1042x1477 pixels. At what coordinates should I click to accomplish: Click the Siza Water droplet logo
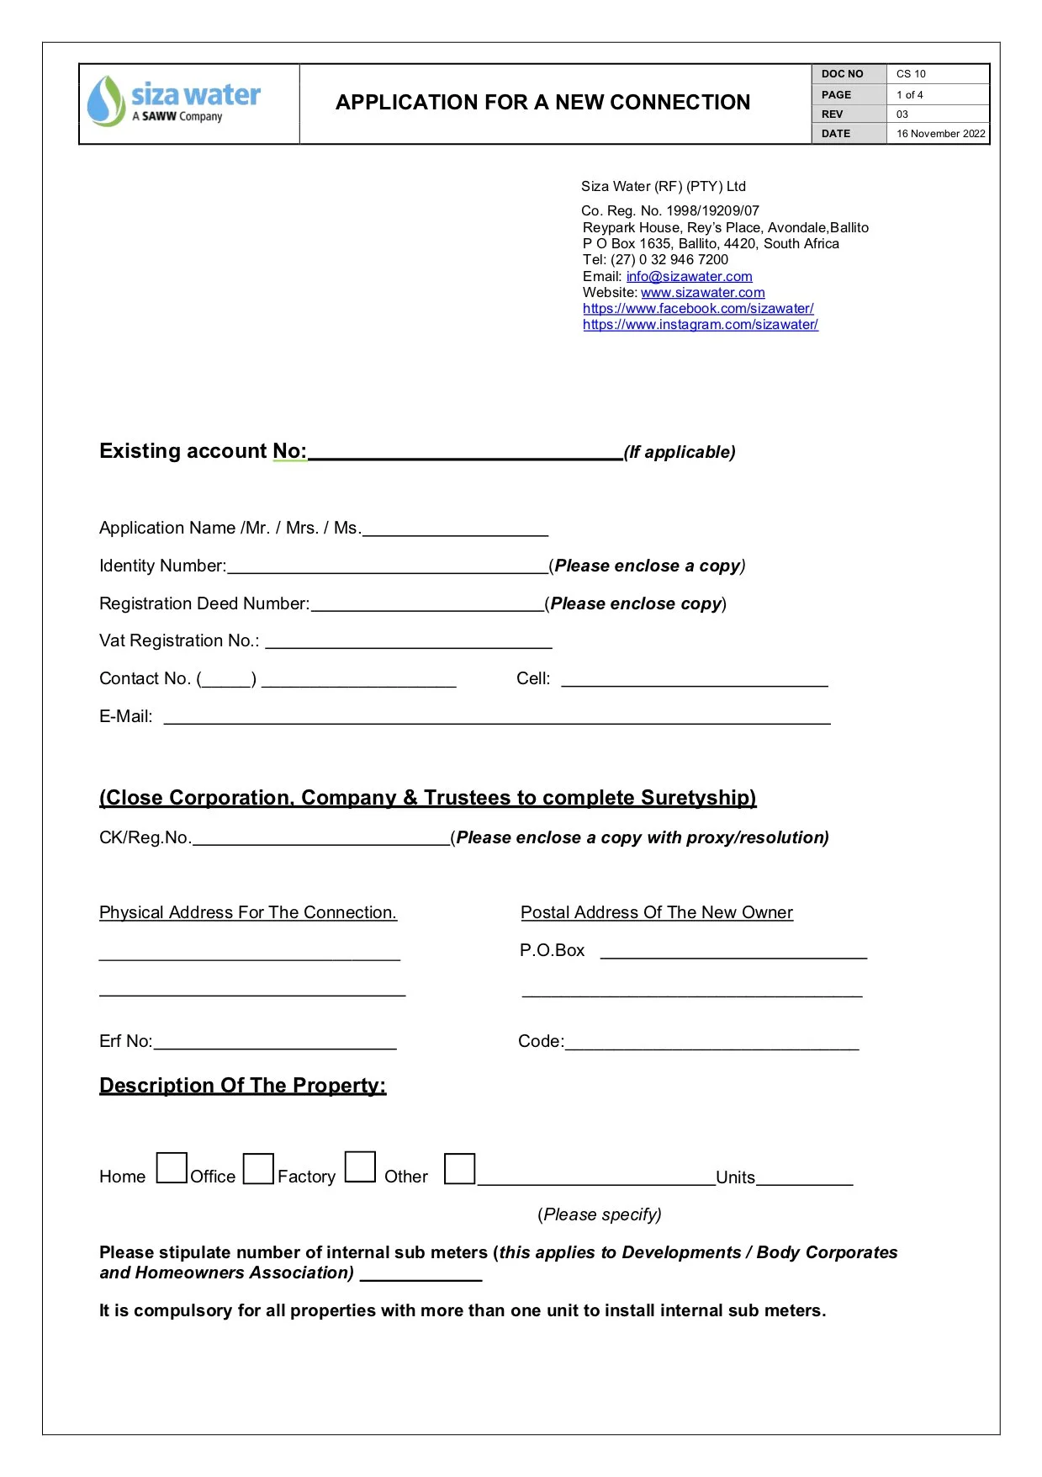[x=106, y=101]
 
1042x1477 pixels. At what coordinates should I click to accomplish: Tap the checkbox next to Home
[x=172, y=1167]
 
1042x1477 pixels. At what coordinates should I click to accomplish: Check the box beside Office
[x=258, y=1168]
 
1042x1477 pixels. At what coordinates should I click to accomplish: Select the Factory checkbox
[x=360, y=1166]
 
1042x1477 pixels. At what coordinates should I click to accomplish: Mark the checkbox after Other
[x=459, y=1168]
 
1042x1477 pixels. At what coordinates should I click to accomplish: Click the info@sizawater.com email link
[x=689, y=276]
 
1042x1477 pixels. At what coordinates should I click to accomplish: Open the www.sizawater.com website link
[x=702, y=292]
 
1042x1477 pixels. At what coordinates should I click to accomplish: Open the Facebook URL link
[x=698, y=308]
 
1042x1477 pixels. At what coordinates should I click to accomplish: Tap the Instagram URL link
[x=700, y=324]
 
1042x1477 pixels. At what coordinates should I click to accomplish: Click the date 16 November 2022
[x=939, y=134]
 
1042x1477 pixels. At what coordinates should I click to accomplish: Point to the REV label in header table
[x=832, y=114]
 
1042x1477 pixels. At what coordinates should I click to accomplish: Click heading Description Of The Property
[x=242, y=1085]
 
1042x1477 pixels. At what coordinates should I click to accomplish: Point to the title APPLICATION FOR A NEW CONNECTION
[x=542, y=103]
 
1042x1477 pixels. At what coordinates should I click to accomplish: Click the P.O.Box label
[x=552, y=950]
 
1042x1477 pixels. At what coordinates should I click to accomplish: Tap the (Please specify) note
[x=599, y=1214]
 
